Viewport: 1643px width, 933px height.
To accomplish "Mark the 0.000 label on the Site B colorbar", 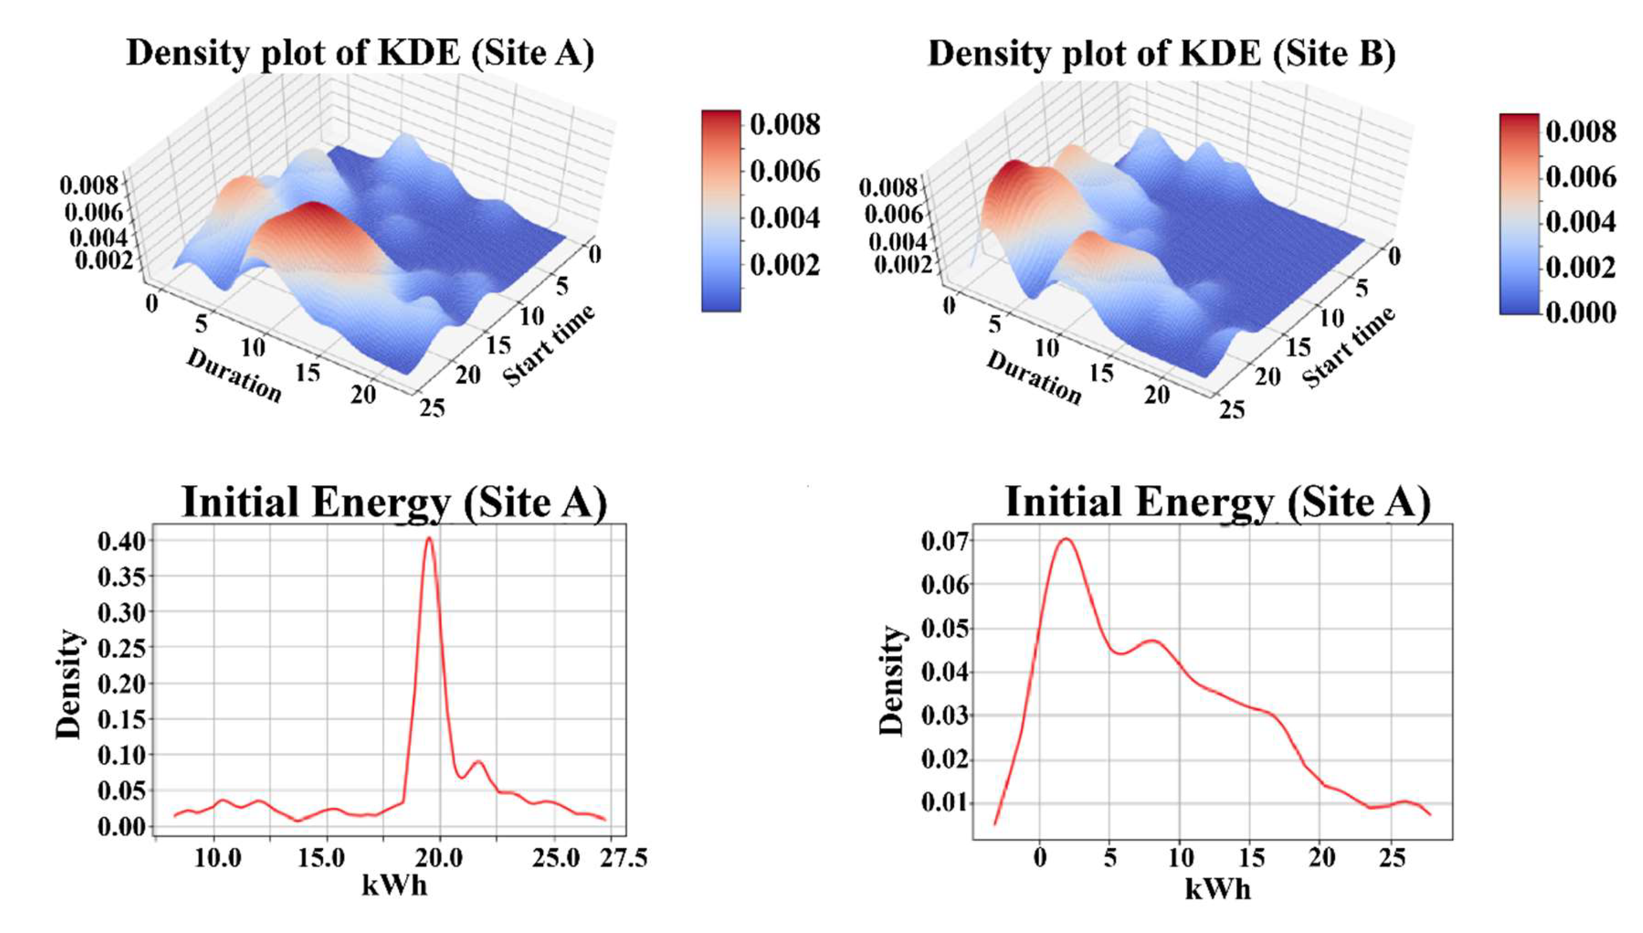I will [x=1580, y=313].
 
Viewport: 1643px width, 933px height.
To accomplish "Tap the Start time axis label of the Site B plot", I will [x=1348, y=348].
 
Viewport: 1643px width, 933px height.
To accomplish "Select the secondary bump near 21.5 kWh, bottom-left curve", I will [x=478, y=762].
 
